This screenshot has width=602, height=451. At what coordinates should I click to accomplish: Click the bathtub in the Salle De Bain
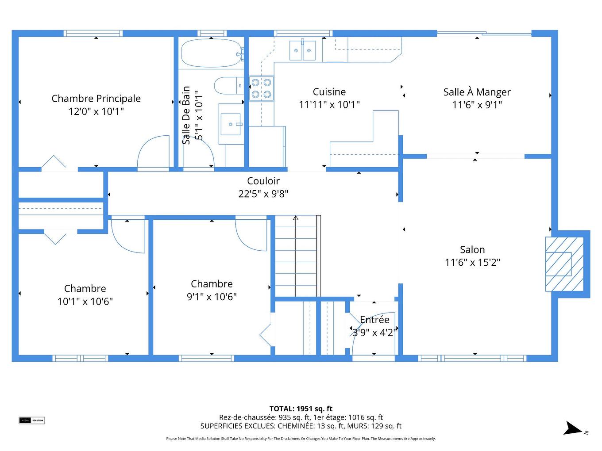click(211, 53)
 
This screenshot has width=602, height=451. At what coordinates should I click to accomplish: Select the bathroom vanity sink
click(231, 124)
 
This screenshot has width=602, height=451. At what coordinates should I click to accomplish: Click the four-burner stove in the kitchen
click(261, 88)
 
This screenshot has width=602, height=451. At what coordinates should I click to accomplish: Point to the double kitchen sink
click(303, 50)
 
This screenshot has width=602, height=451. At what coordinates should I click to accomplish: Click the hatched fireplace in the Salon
click(564, 264)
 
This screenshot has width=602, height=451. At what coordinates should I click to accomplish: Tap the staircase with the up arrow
click(296, 256)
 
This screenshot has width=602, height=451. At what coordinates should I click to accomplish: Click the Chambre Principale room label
click(96, 99)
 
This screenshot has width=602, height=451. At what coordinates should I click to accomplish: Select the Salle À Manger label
click(477, 92)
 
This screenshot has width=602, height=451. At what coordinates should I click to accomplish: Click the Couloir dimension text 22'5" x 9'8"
click(263, 194)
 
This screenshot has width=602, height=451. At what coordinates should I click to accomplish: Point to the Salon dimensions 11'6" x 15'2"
click(472, 262)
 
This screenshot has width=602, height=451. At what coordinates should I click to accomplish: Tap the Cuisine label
click(329, 92)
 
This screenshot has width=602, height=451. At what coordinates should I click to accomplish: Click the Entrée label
click(374, 320)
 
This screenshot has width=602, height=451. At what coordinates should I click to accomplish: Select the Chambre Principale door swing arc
click(153, 153)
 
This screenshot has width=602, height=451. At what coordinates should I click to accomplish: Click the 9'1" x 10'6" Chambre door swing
click(251, 234)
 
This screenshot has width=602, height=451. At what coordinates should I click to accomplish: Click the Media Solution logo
click(32, 420)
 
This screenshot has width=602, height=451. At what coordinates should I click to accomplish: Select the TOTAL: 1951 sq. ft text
click(301, 409)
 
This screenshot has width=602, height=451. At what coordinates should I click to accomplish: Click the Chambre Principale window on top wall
click(93, 33)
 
